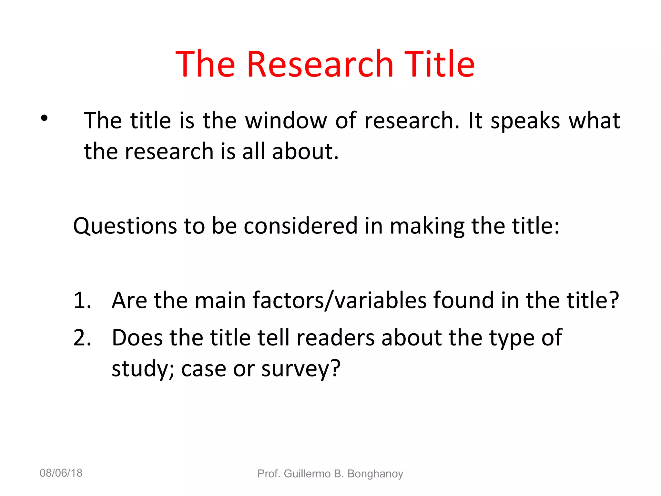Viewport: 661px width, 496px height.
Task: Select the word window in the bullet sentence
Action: [x=286, y=121]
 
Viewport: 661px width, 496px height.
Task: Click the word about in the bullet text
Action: [x=305, y=151]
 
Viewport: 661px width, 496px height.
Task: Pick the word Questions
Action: [x=125, y=226]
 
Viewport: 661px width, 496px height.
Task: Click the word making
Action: [x=427, y=226]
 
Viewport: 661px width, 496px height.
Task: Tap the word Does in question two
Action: [x=137, y=338]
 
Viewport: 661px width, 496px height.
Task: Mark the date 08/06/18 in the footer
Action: [x=61, y=473]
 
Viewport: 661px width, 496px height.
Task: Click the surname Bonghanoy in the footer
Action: [x=375, y=474]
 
